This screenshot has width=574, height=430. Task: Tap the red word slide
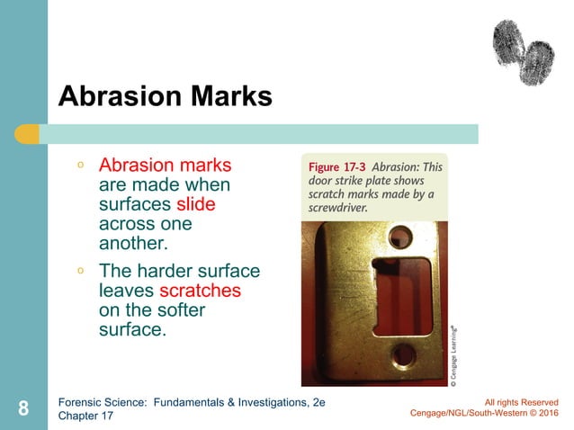click(196, 205)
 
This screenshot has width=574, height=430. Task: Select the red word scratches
click(200, 291)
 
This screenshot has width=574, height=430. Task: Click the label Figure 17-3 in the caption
click(336, 168)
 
